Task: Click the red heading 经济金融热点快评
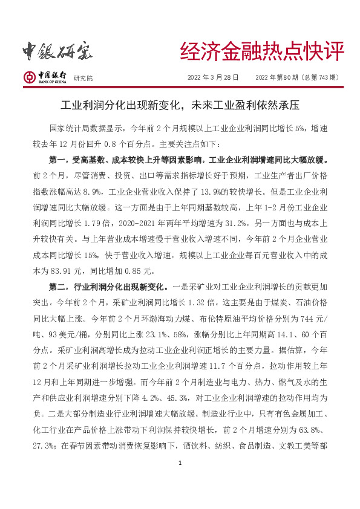262,52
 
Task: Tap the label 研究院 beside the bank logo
83,79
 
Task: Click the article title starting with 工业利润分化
180,105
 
